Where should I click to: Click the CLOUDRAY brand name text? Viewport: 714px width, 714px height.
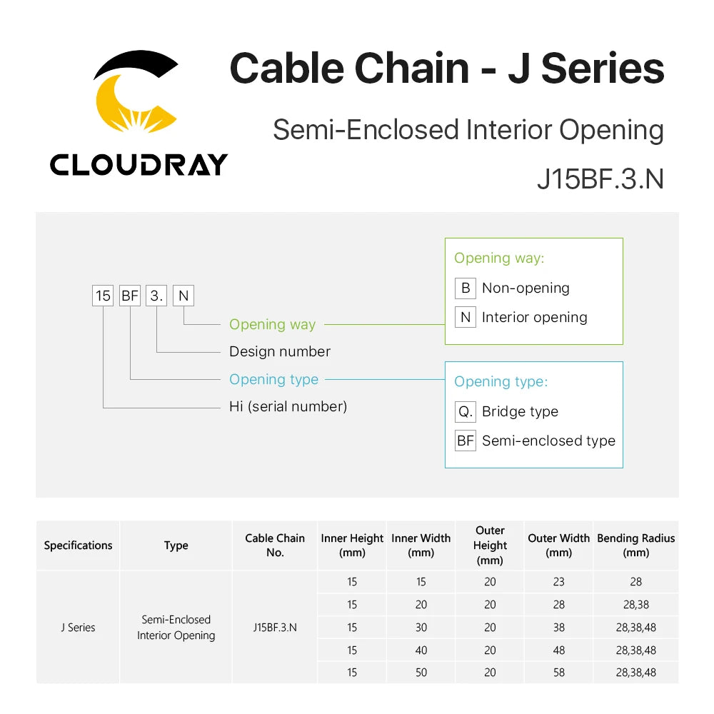click(x=139, y=164)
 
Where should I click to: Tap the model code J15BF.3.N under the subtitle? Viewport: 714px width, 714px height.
click(x=600, y=178)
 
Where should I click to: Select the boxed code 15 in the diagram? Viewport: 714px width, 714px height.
click(x=103, y=296)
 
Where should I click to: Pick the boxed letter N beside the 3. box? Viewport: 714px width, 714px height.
click(x=183, y=296)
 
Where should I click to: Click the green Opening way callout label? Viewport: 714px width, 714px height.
click(x=272, y=324)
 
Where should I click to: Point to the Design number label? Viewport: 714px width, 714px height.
click(x=280, y=351)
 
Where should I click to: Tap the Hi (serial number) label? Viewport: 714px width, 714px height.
click(x=288, y=406)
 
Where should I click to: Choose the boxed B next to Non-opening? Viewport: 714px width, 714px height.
click(x=466, y=288)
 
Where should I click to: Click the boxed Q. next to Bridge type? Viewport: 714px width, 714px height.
click(x=466, y=412)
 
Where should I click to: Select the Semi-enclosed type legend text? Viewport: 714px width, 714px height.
click(x=548, y=441)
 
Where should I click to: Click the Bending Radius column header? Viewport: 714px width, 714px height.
click(x=635, y=545)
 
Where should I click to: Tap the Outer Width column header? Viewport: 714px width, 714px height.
click(x=559, y=545)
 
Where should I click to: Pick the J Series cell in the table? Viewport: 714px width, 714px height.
click(x=79, y=628)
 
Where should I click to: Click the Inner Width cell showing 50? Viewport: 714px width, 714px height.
click(x=421, y=672)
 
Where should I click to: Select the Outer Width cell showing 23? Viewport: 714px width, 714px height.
click(x=559, y=581)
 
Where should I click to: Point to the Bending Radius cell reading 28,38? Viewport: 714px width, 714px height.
click(x=635, y=604)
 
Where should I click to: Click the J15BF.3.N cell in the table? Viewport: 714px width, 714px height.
click(x=275, y=628)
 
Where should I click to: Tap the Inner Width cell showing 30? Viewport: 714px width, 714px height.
click(x=421, y=627)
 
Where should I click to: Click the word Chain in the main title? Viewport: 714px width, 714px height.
click(x=412, y=69)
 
